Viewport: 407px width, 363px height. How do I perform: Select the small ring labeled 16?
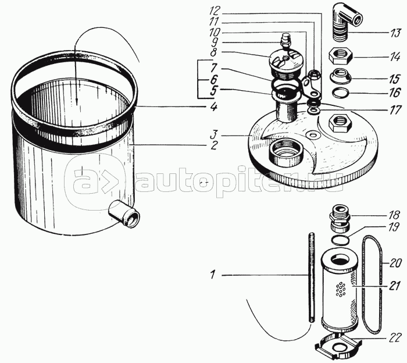click(342, 92)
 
